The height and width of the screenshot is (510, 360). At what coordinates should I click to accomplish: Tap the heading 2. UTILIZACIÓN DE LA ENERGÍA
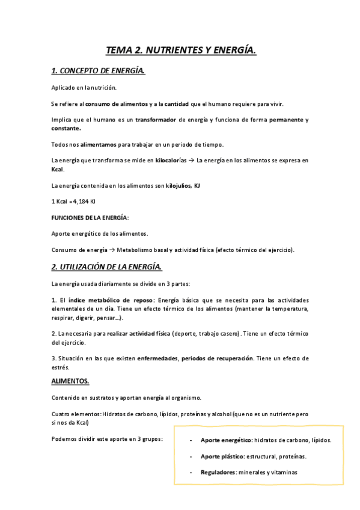107,266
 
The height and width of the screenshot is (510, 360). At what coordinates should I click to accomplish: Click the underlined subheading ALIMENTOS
70,381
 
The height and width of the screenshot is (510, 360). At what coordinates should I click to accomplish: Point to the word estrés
60,367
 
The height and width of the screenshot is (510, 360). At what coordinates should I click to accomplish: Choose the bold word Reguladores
218,472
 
